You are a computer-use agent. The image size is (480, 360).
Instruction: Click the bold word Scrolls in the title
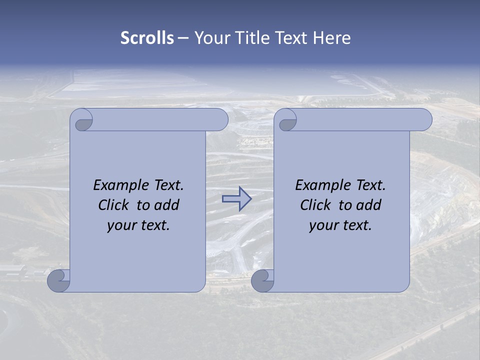[x=147, y=38]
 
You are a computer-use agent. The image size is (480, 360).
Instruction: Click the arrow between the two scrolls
[x=236, y=199]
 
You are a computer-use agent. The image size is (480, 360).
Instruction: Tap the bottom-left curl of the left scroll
[x=57, y=280]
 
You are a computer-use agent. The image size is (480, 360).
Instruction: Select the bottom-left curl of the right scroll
[x=261, y=280]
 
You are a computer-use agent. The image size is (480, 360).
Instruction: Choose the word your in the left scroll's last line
[x=120, y=226]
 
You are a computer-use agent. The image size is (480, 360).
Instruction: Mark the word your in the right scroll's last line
[x=322, y=226]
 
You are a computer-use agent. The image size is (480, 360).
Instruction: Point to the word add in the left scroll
[x=167, y=205]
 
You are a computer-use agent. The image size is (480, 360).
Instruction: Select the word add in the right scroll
[x=369, y=205]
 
